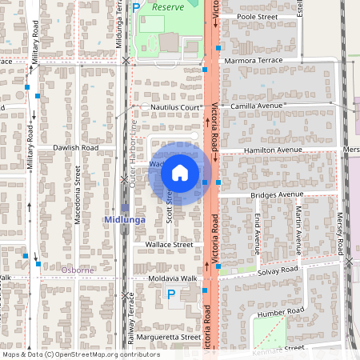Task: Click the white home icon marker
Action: (x=180, y=172)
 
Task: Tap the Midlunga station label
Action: (x=124, y=218)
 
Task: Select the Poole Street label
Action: (x=257, y=16)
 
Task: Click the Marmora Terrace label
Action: (x=254, y=60)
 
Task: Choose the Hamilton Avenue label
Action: (x=273, y=150)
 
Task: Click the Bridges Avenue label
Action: (x=276, y=194)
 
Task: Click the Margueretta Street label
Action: (x=168, y=337)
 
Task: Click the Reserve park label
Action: (x=168, y=6)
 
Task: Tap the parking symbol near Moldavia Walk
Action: (x=170, y=294)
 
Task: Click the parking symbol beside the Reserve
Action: (x=136, y=7)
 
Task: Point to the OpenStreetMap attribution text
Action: (x=70, y=354)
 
